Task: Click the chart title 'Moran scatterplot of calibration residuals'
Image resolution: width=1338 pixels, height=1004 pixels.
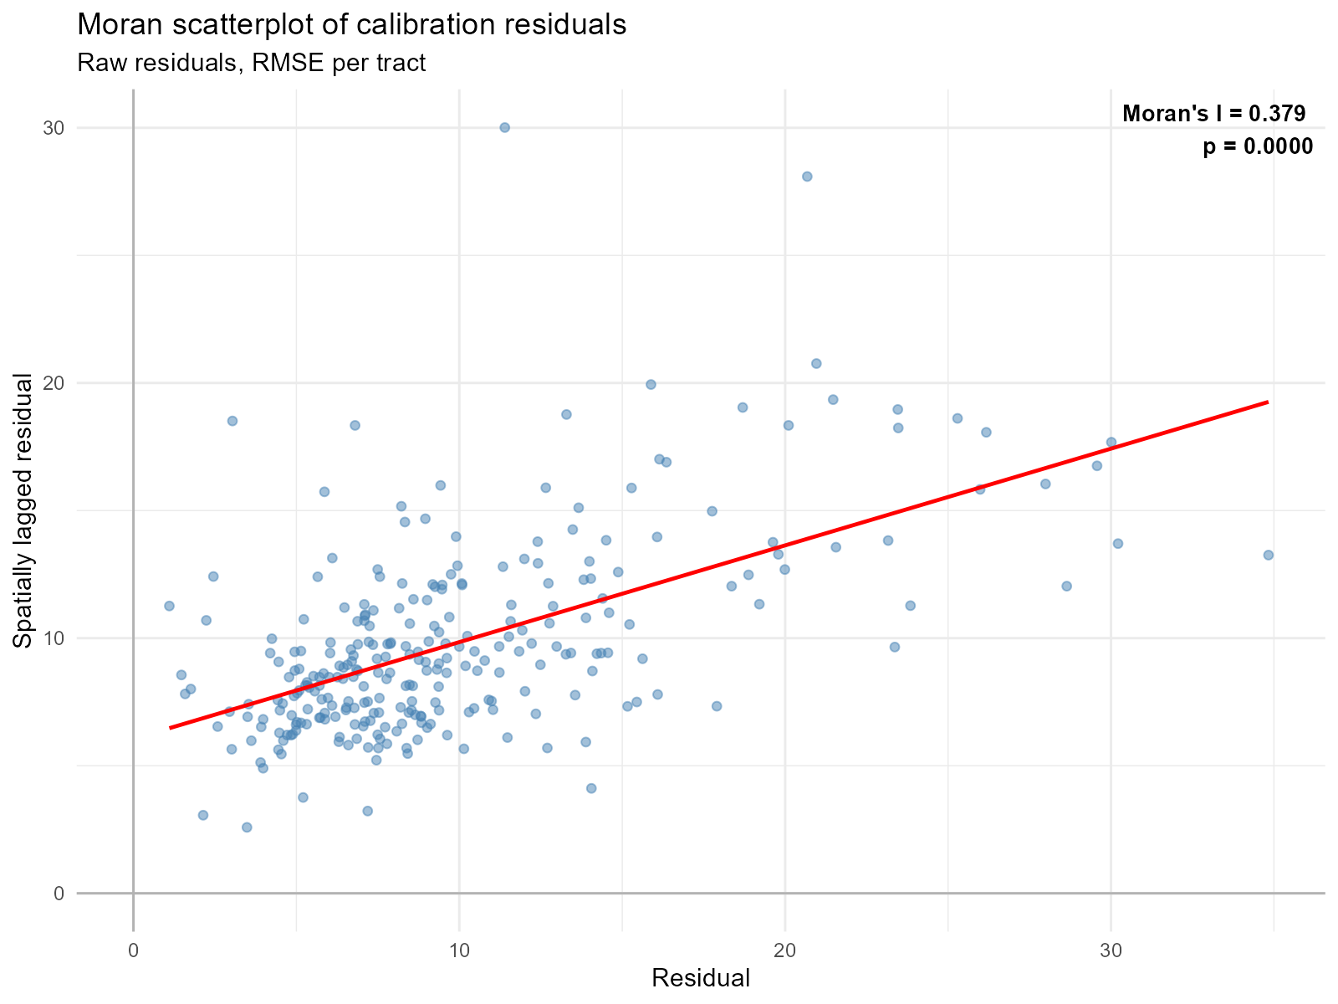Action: click(x=351, y=25)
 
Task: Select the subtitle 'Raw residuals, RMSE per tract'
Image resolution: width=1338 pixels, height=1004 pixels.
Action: click(x=251, y=63)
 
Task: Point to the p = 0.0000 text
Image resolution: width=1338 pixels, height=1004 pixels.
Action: click(x=1258, y=147)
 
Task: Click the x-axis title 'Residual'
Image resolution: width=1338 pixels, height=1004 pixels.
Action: click(x=700, y=978)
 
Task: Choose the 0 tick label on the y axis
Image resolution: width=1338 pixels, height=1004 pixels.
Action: click(x=59, y=894)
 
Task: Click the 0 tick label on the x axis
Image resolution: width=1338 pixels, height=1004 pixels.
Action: click(x=133, y=951)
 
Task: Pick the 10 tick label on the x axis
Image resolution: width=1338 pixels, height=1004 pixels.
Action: click(x=459, y=951)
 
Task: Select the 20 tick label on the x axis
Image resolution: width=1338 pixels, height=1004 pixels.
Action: click(x=784, y=951)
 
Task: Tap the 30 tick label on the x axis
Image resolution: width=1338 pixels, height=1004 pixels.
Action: click(x=1111, y=951)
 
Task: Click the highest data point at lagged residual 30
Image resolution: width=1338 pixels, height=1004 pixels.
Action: click(x=504, y=127)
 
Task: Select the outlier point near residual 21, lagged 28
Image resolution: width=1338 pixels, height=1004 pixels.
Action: click(x=807, y=177)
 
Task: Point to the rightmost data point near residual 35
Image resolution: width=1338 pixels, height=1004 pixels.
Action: click(x=1268, y=555)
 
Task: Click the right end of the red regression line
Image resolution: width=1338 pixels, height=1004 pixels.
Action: click(x=1268, y=402)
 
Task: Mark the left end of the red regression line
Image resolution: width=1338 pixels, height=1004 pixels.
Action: click(x=171, y=728)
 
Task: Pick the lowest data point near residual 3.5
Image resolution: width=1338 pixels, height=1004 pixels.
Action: click(x=247, y=827)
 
